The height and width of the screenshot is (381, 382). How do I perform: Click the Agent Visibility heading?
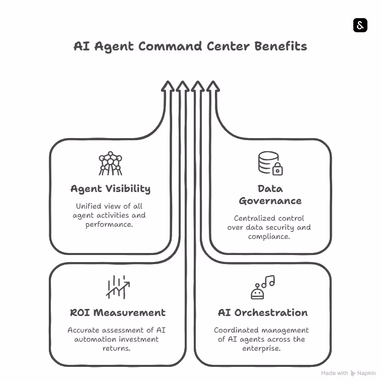pos(110,189)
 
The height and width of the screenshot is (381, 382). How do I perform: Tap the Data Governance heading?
pos(270,195)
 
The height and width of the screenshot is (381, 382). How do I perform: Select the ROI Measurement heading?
pos(118,312)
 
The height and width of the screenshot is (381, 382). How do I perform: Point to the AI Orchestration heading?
pos(263,312)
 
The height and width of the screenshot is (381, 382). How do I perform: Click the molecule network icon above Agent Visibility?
pos(110,163)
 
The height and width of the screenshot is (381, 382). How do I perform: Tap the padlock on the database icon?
pos(277,169)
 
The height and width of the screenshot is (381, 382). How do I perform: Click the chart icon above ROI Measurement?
pos(118,287)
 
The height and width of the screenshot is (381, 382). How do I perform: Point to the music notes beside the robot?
pos(269,282)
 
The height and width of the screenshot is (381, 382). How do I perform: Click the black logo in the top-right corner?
pos(360,25)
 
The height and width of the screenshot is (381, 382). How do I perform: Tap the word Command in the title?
pos(171,46)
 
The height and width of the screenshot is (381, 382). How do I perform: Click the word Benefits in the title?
pos(280,46)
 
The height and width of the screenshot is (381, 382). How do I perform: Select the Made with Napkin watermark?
pos(348,373)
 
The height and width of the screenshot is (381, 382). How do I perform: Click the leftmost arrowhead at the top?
pos(168,87)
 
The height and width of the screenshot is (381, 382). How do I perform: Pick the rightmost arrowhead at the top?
pos(213,87)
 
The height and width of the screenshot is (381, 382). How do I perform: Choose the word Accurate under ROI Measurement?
pos(85,330)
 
